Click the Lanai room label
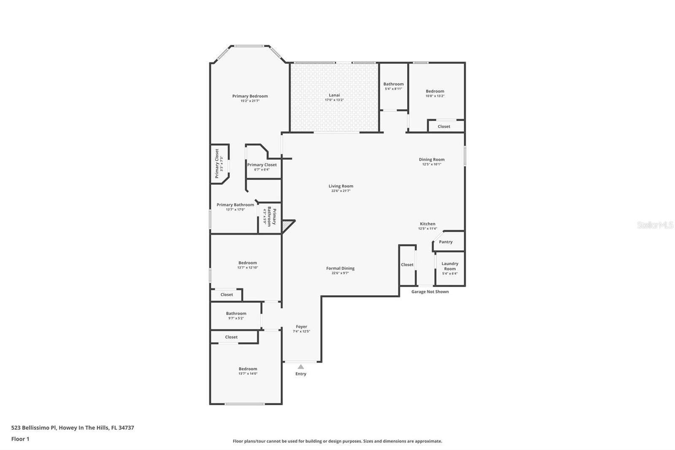[x=334, y=95]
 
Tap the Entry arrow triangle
[x=301, y=367]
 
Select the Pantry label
[x=445, y=242]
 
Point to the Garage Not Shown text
[x=430, y=292]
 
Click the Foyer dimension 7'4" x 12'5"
[x=301, y=331]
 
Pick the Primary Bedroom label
[x=250, y=96]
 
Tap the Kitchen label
[x=427, y=224]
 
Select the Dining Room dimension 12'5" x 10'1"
[x=432, y=164]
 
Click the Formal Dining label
[x=340, y=268]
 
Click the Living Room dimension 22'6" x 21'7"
[x=341, y=191]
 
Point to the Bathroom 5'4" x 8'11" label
[x=393, y=84]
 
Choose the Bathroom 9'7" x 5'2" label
[x=236, y=313]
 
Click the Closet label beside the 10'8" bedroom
[x=444, y=126]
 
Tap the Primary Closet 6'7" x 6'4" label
[x=262, y=165]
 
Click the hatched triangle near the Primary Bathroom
[x=287, y=225]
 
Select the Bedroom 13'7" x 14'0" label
[x=248, y=369]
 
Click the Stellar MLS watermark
[x=655, y=225]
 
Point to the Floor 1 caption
[x=20, y=439]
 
